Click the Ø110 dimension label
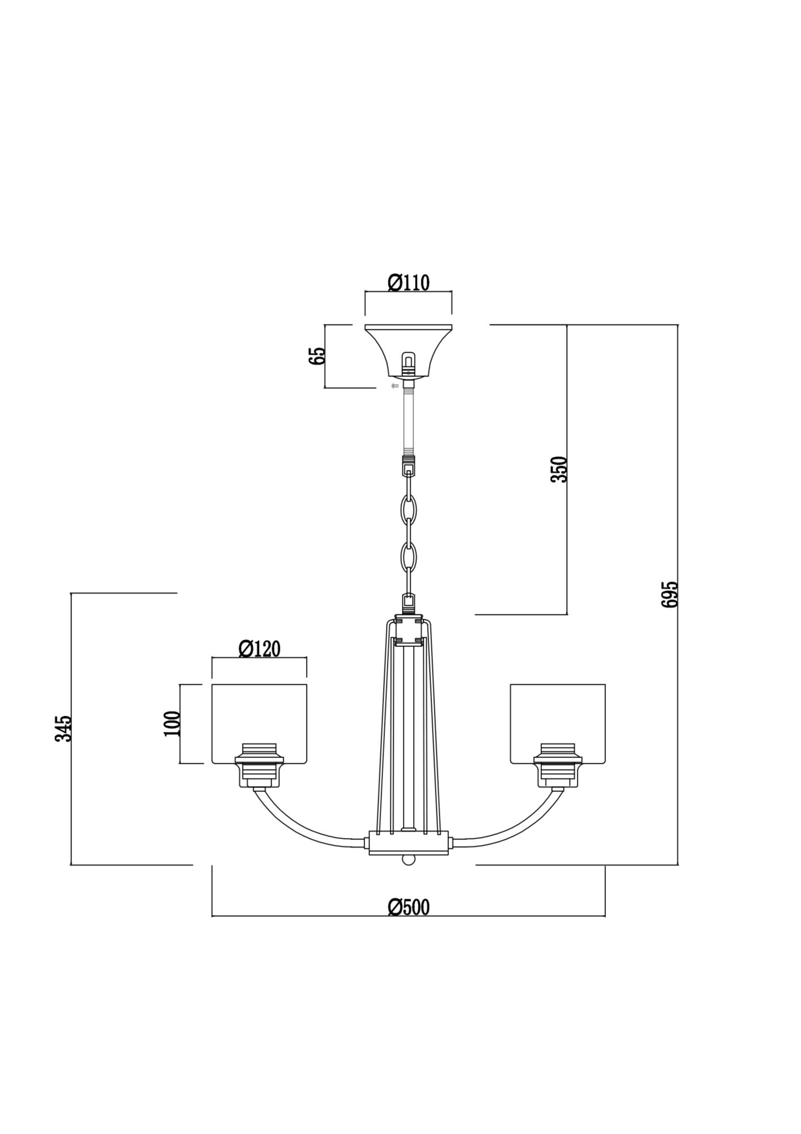tap(408, 282)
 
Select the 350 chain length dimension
tap(559, 469)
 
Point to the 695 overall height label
tap(669, 594)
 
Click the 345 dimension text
tap(63, 728)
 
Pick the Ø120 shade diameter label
tap(260, 648)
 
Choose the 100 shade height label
tap(172, 723)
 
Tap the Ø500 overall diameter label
tap(409, 907)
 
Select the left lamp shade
tap(259, 724)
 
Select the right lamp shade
tap(558, 724)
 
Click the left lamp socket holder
tap(259, 765)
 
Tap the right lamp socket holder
tap(558, 765)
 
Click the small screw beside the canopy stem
tap(395, 386)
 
